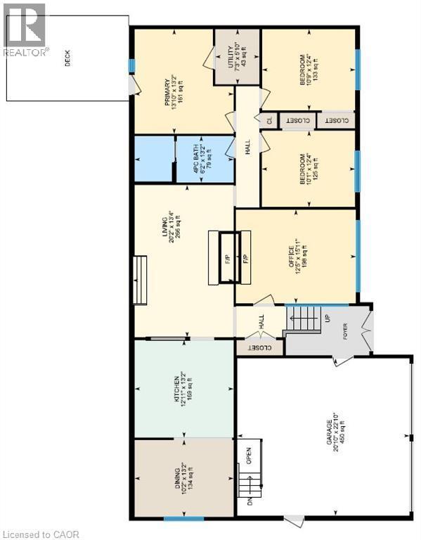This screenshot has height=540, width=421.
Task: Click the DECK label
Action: pyautogui.click(x=67, y=62)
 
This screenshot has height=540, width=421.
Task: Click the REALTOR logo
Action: pyautogui.click(x=24, y=30)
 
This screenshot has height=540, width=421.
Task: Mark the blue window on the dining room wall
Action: pyautogui.click(x=183, y=520)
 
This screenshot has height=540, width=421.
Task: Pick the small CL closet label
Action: pyautogui.click(x=268, y=120)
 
